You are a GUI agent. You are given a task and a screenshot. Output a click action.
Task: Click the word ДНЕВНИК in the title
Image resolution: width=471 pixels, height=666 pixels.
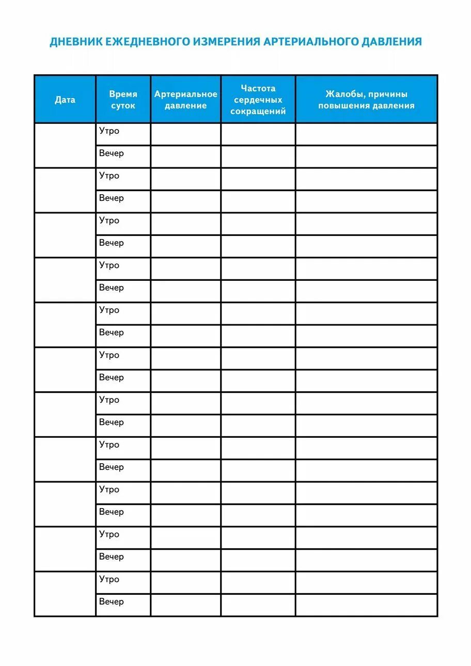[76, 42]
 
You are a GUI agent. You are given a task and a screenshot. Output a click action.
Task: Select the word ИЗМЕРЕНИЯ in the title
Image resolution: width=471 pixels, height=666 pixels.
[227, 42]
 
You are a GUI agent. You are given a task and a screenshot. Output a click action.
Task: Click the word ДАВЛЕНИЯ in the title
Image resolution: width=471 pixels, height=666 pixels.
[392, 42]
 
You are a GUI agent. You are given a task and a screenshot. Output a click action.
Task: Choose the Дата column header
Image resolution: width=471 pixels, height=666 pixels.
[65, 100]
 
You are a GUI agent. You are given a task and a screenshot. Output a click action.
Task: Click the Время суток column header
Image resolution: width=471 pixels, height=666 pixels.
[123, 100]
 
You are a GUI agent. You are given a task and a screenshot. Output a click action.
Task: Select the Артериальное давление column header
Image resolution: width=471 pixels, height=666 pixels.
[186, 100]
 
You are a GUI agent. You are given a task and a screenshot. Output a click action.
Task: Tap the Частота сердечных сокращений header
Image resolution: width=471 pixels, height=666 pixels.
[258, 100]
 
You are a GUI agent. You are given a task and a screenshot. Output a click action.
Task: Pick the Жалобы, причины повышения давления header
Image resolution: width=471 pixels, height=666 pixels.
[366, 100]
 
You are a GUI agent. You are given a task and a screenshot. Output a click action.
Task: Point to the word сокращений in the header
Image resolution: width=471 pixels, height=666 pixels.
[258, 112]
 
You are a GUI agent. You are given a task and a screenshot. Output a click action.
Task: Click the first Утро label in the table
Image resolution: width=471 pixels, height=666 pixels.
[109, 131]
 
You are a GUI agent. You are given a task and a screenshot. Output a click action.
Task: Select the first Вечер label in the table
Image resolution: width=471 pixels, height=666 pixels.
[112, 153]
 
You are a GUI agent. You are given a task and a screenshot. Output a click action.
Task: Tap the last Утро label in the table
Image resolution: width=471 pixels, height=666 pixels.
[109, 579]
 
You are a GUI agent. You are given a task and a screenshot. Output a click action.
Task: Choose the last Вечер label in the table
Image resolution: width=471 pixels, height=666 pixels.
[112, 601]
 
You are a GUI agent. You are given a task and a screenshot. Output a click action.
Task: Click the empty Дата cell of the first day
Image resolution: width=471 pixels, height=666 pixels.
[65, 145]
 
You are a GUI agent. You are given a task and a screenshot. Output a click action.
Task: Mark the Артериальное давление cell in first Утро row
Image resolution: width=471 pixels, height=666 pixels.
[186, 134]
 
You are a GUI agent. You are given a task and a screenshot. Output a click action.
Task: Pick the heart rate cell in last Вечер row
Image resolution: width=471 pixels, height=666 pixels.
[258, 605]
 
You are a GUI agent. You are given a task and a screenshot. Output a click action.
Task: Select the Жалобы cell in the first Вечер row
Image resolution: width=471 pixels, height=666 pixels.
[366, 156]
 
